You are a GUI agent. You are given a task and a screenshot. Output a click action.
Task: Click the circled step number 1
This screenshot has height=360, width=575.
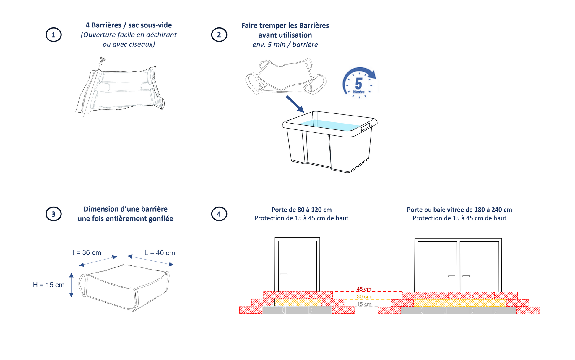tap(53, 35)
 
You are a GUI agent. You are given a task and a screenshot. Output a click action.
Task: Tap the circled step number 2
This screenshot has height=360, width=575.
tap(219, 35)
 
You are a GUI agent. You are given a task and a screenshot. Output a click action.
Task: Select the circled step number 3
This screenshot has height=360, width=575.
tap(53, 214)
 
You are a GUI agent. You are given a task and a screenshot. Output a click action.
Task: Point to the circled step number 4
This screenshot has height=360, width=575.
tap(219, 214)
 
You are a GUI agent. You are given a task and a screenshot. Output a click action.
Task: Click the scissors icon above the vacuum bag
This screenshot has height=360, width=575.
tap(102, 61)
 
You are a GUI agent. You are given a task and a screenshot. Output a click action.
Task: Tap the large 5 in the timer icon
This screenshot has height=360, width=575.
tap(358, 83)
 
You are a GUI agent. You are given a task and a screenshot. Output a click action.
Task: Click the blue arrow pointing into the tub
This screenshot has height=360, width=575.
tap(295, 104)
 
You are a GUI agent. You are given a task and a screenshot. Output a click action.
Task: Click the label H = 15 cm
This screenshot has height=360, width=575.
tap(49, 285)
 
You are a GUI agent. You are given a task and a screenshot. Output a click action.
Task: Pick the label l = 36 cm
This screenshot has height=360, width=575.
tap(87, 253)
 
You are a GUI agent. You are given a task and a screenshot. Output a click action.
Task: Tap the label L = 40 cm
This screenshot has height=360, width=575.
tap(160, 253)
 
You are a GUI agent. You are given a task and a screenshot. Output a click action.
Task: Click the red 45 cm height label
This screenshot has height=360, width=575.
tap(364, 289)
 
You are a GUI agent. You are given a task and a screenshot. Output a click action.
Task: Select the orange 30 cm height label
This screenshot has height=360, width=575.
tap(364, 296)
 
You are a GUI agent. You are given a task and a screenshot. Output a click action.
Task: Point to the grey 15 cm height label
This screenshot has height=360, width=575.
tap(364, 304)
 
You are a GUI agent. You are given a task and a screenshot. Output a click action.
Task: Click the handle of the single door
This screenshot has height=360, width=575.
tap(283, 274)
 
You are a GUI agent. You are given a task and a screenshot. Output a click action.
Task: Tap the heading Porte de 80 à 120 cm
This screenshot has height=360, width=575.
tap(301, 210)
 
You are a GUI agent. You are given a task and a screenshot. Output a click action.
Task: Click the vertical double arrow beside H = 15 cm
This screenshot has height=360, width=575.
tap(71, 285)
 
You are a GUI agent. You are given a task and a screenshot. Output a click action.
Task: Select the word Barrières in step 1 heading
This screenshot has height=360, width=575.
tap(106, 25)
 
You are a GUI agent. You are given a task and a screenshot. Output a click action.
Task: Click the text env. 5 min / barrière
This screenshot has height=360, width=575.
tap(285, 45)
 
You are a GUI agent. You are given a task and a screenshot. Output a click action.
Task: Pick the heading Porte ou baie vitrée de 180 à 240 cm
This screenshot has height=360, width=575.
tap(459, 210)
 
